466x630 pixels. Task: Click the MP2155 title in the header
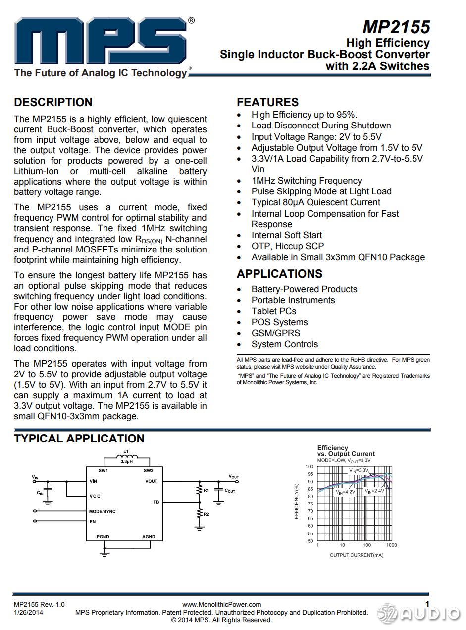coord(396,27)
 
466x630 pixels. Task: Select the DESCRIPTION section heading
coord(53,102)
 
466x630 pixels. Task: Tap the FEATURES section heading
coord(267,102)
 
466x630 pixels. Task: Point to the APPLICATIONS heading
coord(279,274)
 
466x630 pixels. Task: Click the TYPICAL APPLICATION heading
coord(79,439)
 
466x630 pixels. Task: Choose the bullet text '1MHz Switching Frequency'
coord(307,181)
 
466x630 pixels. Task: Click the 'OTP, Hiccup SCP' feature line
coord(288,246)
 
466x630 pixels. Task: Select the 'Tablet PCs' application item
coord(274,311)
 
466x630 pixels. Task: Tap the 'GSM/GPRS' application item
coord(276,333)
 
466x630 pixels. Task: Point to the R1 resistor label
coord(206,490)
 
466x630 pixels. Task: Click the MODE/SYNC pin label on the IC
coord(102,511)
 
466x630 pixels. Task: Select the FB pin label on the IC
coord(156,502)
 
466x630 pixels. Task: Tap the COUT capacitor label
coord(230,491)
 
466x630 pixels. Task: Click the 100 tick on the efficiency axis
coord(310,467)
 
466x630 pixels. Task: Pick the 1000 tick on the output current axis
coord(391,545)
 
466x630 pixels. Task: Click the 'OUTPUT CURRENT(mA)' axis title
coord(357,555)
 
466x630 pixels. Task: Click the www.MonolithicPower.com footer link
coord(221,604)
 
